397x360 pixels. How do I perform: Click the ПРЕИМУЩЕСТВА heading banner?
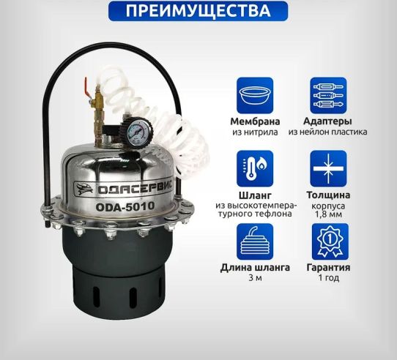[198, 12]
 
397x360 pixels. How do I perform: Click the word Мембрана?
[255, 121]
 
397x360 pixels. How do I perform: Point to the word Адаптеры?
[327, 121]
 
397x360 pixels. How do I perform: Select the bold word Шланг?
[254, 195]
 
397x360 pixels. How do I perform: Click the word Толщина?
[327, 195]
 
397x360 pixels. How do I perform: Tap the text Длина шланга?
[255, 268]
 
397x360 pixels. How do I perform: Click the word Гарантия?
[327, 268]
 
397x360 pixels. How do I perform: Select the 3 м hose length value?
[255, 279]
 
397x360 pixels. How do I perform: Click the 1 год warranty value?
[327, 279]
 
